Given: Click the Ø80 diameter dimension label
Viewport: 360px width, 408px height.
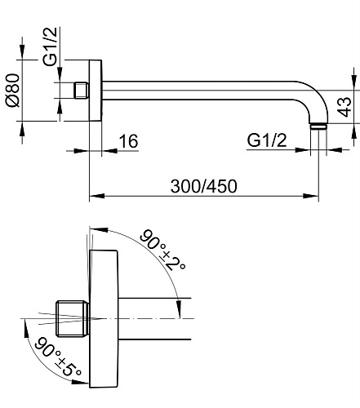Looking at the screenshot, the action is tap(13, 90).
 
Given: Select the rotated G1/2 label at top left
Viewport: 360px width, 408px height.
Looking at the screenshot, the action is tap(51, 47).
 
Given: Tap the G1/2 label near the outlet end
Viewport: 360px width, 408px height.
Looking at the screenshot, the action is tap(267, 140).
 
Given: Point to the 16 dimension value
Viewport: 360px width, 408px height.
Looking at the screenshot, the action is tap(128, 141).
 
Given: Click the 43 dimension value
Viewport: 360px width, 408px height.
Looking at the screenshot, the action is tap(344, 106).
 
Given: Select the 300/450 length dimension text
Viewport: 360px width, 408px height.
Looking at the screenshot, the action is tap(203, 186).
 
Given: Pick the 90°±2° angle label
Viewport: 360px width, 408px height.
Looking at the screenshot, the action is tap(162, 250).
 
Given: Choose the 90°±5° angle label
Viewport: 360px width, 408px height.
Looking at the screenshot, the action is tap(58, 356).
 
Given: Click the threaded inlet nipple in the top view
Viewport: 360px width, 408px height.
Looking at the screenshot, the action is tap(81, 91).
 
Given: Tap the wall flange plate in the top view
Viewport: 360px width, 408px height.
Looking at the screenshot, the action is tap(96, 91).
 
